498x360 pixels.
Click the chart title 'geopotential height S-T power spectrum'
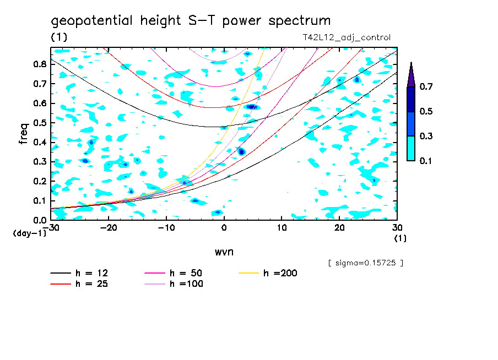[191, 21]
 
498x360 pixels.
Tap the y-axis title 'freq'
[24, 134]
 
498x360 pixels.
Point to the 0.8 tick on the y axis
[40, 64]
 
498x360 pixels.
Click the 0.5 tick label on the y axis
[40, 123]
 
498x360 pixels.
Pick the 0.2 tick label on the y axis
[40, 181]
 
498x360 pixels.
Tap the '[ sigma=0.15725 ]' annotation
[365, 263]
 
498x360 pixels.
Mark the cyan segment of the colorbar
[411, 148]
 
